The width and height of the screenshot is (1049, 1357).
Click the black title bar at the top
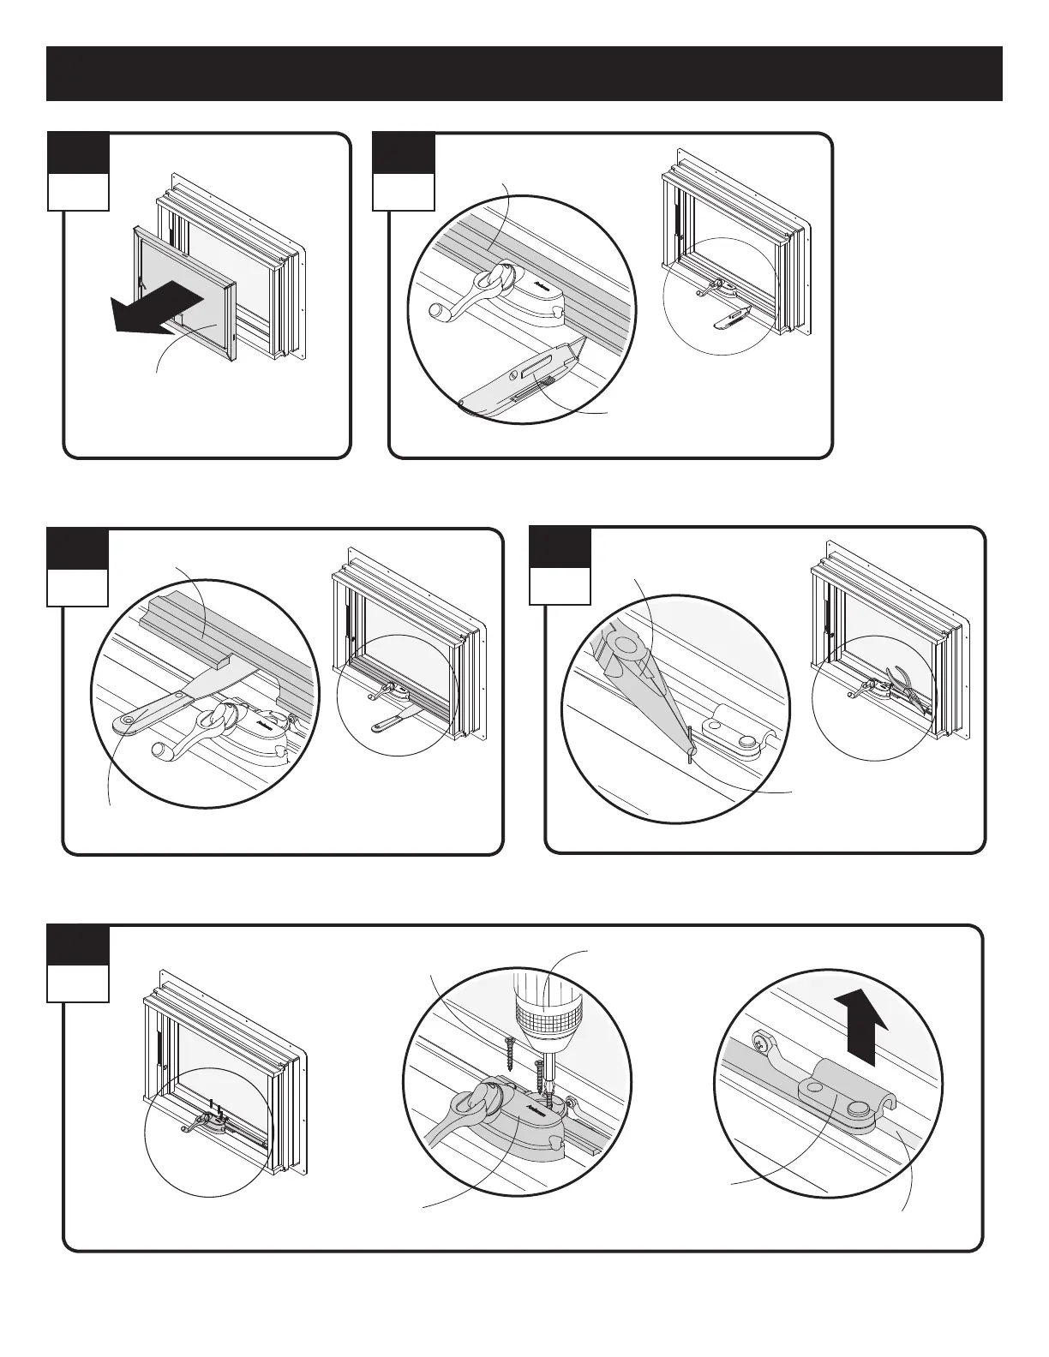click(524, 74)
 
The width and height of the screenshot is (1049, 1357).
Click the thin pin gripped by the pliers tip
click(690, 741)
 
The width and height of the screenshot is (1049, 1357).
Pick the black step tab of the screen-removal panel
click(78, 153)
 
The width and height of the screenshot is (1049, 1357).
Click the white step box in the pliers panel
click(560, 585)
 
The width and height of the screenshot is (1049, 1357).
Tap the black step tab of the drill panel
click(77, 945)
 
